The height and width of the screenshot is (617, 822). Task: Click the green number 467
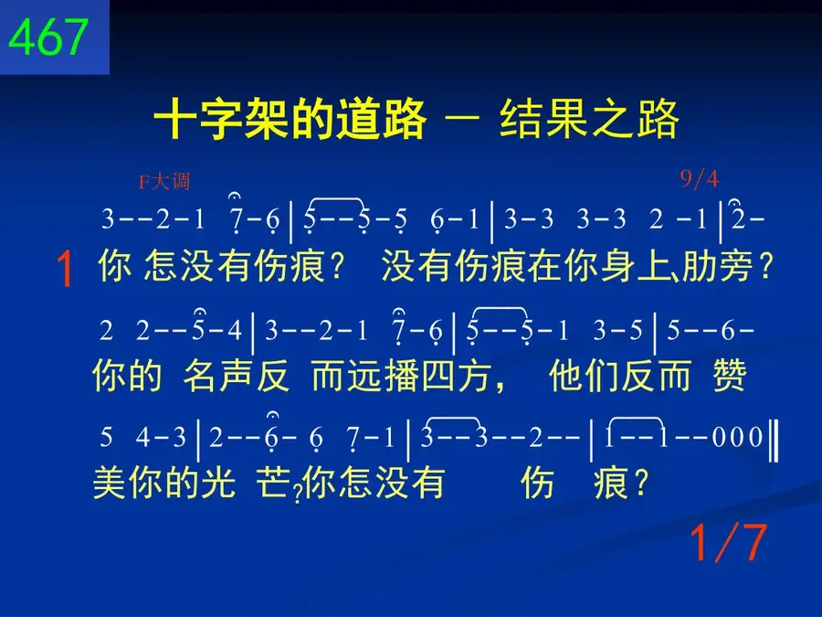click(x=47, y=36)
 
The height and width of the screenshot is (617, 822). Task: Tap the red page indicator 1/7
click(x=728, y=542)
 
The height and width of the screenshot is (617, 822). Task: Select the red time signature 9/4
click(x=699, y=179)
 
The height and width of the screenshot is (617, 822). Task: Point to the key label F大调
click(x=164, y=182)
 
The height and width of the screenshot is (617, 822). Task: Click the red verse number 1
click(x=65, y=269)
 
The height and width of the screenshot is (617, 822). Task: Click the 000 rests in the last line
click(x=737, y=437)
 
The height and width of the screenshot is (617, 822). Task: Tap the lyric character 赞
click(x=729, y=376)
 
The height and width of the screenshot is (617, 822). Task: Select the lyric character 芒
click(x=273, y=483)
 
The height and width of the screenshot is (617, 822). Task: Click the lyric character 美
click(x=110, y=483)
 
